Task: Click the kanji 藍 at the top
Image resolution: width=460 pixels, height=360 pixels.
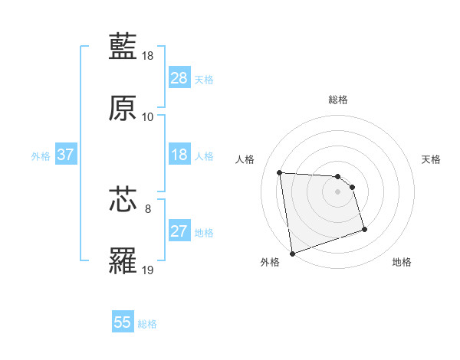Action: point(123,47)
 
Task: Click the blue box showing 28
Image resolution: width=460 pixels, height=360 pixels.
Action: point(179,78)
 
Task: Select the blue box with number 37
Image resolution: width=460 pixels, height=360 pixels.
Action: point(66,155)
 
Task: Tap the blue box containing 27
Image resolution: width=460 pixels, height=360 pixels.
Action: point(179,231)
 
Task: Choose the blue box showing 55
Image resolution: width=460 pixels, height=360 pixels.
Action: point(123,322)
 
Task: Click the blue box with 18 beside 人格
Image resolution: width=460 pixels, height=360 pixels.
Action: point(179,155)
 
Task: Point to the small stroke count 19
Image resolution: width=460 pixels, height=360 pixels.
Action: point(149,270)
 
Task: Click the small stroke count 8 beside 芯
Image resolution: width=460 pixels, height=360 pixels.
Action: point(148,208)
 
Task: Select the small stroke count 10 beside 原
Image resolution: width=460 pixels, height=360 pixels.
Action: point(148,117)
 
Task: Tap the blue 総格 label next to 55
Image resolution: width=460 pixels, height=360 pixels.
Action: point(148,324)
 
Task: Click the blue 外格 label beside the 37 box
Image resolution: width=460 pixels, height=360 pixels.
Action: point(41,155)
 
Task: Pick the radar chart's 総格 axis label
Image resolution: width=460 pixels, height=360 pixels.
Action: point(338,100)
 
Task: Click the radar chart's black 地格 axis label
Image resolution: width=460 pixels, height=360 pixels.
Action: point(402,262)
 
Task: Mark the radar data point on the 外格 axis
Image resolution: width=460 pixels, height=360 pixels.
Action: point(292,253)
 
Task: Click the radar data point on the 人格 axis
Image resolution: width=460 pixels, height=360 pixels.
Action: point(280,172)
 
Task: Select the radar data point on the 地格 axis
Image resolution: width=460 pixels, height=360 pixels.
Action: point(364,229)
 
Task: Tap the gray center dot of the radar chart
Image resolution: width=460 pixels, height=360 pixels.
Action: point(338,191)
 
